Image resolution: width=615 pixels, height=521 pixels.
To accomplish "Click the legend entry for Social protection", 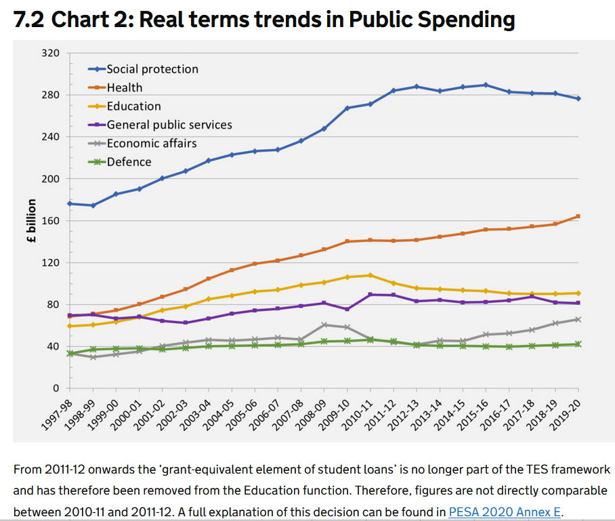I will [152, 69].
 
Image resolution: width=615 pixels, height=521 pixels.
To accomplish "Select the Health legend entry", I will [125, 87].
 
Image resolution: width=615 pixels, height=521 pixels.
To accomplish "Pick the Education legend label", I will [133, 106].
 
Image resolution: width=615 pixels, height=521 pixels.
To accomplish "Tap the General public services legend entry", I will [169, 125].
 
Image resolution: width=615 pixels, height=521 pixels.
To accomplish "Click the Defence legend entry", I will [129, 162].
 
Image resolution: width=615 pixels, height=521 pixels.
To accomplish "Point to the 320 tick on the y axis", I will [52, 53].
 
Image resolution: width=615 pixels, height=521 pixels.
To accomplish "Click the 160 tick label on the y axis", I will [52, 221].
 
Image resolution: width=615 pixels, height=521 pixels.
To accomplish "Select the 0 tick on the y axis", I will [57, 388].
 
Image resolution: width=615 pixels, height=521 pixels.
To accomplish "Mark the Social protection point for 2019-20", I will [578, 99].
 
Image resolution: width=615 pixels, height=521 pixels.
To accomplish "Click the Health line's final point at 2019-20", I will [578, 216].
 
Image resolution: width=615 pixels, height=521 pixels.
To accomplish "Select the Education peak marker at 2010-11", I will [370, 275].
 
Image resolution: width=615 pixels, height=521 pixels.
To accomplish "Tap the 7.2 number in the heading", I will [29, 20].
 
